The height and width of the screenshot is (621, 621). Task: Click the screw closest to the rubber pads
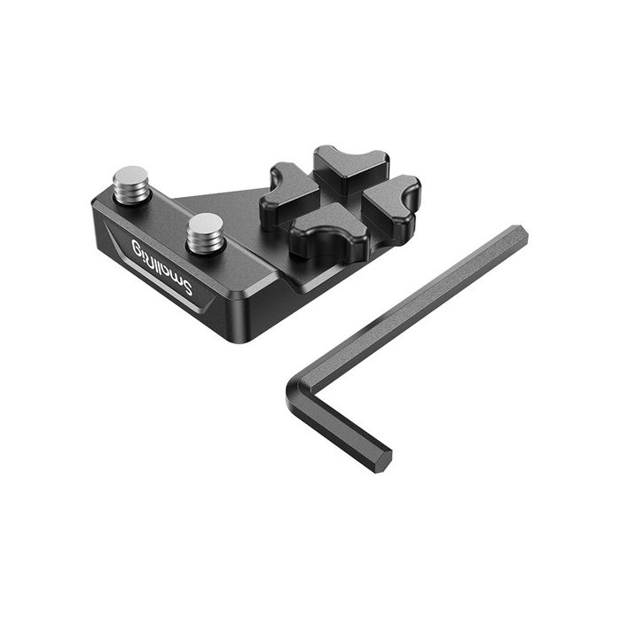pos(205,232)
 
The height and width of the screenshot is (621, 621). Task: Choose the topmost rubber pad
pos(350,167)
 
